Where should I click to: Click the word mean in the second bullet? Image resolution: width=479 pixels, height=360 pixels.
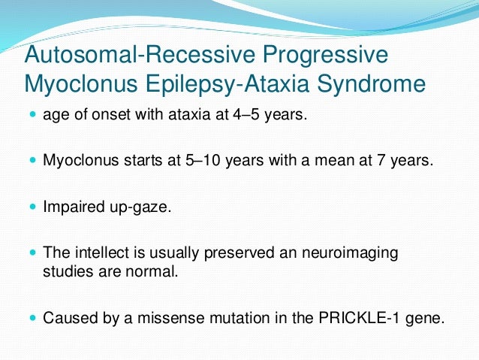pos(326,161)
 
